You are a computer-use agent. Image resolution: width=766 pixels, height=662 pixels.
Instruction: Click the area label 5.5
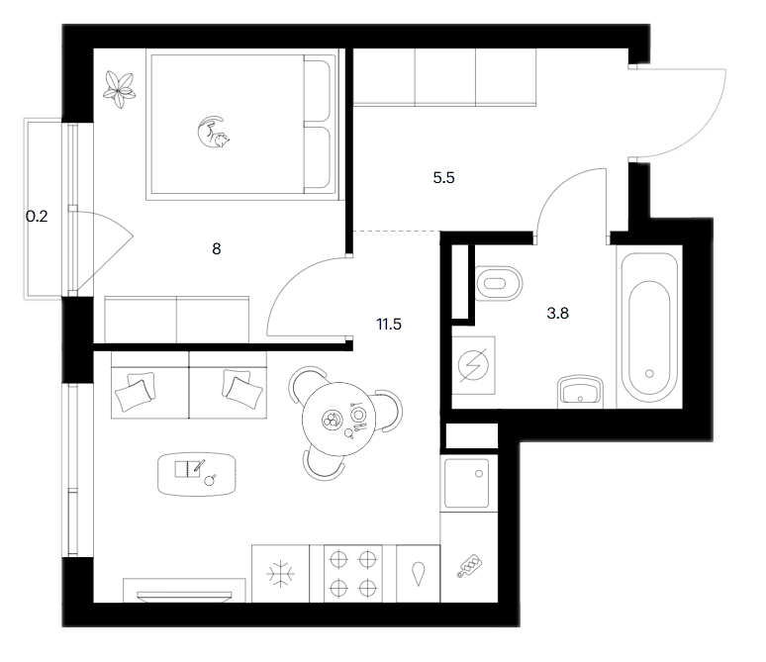point(443,178)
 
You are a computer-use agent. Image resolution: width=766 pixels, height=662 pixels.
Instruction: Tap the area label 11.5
point(389,324)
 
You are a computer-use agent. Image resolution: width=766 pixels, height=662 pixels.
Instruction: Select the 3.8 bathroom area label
point(557,313)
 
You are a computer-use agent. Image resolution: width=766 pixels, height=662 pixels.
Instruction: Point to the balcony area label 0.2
point(37,216)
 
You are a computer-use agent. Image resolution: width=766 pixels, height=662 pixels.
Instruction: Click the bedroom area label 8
point(217,249)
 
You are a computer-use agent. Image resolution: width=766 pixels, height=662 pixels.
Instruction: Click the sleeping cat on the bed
point(214,132)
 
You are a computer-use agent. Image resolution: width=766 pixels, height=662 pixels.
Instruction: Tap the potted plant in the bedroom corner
point(118,89)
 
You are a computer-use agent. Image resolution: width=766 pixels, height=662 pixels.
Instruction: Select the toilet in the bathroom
point(498,283)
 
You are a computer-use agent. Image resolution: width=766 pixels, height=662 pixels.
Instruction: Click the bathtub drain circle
point(649,374)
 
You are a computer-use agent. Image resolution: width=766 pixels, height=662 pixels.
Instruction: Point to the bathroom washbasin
point(580,391)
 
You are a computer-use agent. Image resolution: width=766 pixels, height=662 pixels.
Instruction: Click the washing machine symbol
point(473,365)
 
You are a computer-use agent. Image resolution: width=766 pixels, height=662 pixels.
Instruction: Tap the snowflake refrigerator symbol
point(280,574)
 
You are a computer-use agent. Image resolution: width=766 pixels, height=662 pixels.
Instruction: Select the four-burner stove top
point(352,574)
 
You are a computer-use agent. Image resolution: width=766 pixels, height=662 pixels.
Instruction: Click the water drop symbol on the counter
point(418,574)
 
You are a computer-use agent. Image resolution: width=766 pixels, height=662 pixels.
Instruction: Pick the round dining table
point(338,420)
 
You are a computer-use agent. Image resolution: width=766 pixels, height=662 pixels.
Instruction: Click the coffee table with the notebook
point(197,474)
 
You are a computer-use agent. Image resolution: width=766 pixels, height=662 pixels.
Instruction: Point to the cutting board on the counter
point(470,566)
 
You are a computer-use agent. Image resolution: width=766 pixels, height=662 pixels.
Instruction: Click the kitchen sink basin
point(466,483)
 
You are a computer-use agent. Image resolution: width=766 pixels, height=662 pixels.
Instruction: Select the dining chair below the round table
point(324,468)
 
